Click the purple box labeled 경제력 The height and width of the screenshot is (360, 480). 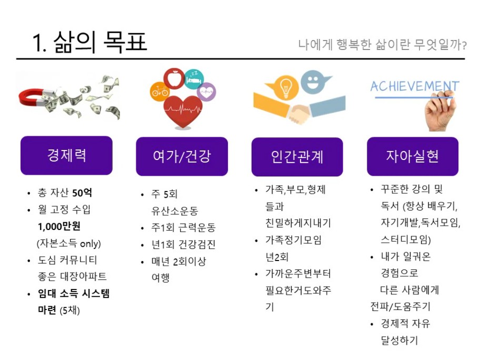click(66, 155)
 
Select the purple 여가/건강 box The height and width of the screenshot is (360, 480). click(182, 156)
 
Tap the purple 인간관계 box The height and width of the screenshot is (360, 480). click(297, 157)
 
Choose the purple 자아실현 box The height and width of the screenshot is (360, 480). click(413, 156)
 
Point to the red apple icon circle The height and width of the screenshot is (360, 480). click(174, 78)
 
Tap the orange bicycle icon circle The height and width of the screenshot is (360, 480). click(159, 91)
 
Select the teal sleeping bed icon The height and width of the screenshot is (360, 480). click(194, 79)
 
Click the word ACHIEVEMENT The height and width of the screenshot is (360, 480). click(415, 86)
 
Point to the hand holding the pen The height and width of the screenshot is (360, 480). click(440, 112)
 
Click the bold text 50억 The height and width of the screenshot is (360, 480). click(82, 193)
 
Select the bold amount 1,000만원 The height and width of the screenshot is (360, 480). click(59, 226)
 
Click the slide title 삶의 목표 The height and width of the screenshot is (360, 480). click(101, 42)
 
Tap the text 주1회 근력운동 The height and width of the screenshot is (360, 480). click(183, 227)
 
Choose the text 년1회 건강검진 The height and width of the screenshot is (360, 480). click(183, 244)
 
